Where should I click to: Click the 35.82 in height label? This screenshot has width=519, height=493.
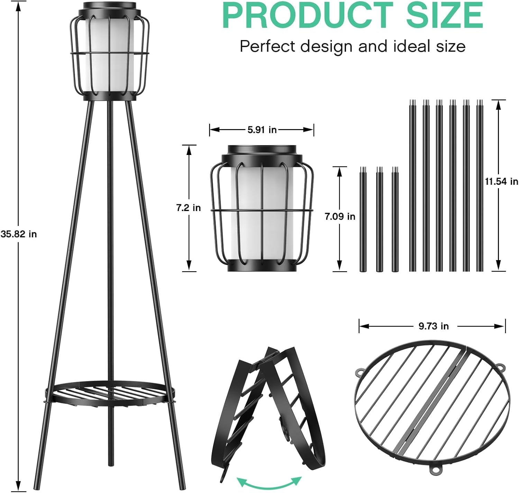pyautogui.click(x=19, y=234)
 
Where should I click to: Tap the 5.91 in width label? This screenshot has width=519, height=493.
pyautogui.click(x=262, y=130)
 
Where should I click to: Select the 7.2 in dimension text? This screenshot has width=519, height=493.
pyautogui.click(x=188, y=208)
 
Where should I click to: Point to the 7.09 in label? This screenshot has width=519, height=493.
pyautogui.click(x=340, y=217)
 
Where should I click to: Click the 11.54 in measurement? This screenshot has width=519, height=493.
pyautogui.click(x=501, y=181)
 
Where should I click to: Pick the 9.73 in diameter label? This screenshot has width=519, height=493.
pyautogui.click(x=433, y=326)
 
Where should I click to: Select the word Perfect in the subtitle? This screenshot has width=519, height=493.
pyautogui.click(x=268, y=46)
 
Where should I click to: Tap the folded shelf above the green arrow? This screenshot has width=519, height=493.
pyautogui.click(x=268, y=408)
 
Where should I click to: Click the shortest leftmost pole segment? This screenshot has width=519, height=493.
pyautogui.click(x=363, y=220)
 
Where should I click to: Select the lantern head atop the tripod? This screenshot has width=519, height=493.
pyautogui.click(x=110, y=52)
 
